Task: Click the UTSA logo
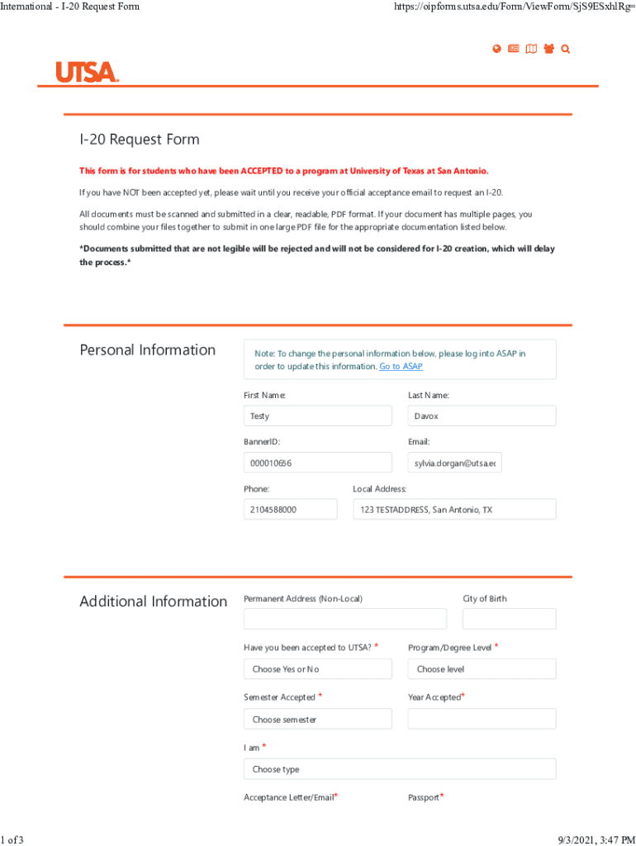coord(88,72)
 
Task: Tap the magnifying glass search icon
coord(566,49)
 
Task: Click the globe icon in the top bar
coord(496,49)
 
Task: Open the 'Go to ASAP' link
coord(401,366)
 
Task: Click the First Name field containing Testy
coord(317,416)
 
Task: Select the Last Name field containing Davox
coord(482,416)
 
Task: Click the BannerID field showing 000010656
coord(317,463)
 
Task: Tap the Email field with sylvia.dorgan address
coord(454,463)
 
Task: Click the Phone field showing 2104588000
coord(290,510)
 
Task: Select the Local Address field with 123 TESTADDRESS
coord(453,510)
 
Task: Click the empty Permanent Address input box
coord(344,619)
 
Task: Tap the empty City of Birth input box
coord(509,619)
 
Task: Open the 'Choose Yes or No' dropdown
coord(317,669)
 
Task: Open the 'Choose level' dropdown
coord(482,669)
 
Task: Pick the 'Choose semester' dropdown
coord(317,720)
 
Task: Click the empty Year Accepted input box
coord(482,720)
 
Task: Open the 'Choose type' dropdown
coord(399,769)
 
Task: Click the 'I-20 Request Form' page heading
coord(140,140)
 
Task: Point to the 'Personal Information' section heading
coord(147,350)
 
